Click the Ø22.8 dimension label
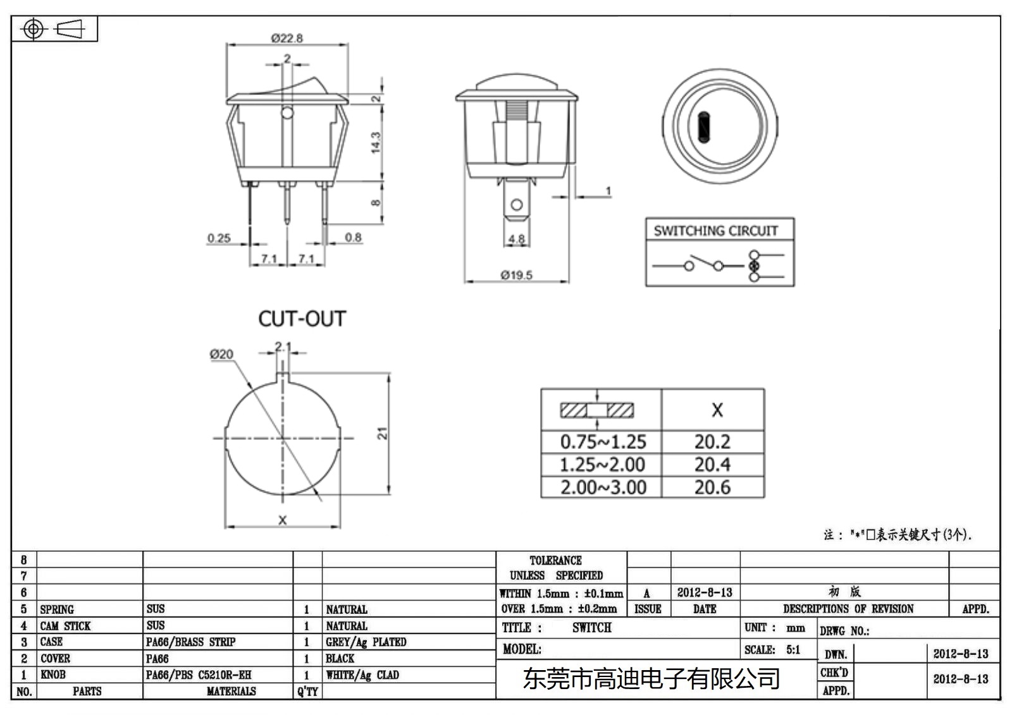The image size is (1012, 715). click(287, 38)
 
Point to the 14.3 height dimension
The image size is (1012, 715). click(376, 142)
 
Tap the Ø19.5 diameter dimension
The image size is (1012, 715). click(516, 275)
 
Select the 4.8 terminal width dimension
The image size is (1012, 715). click(516, 239)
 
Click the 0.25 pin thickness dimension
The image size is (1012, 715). click(219, 238)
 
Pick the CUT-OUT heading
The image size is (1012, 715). click(302, 319)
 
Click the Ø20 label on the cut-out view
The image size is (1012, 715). click(221, 355)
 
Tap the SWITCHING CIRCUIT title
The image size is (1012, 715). click(715, 231)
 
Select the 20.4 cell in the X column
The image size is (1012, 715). click(712, 465)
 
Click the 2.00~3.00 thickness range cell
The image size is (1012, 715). click(603, 487)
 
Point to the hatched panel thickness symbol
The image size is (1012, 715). click(596, 410)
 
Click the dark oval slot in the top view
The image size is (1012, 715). click(703, 126)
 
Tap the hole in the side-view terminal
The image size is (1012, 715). click(517, 205)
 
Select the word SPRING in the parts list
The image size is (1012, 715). click(57, 609)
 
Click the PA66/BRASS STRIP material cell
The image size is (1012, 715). click(190, 642)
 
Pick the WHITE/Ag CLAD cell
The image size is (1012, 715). click(362, 675)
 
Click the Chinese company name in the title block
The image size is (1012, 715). click(651, 679)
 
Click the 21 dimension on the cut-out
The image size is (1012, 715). click(382, 434)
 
